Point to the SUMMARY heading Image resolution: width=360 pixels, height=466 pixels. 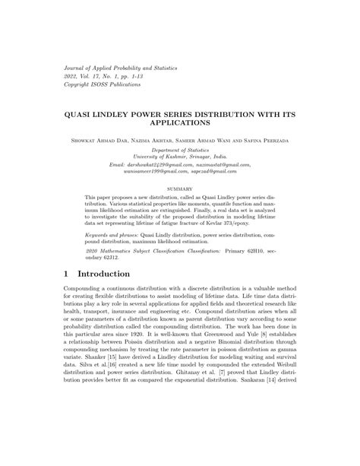(x=179, y=188)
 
